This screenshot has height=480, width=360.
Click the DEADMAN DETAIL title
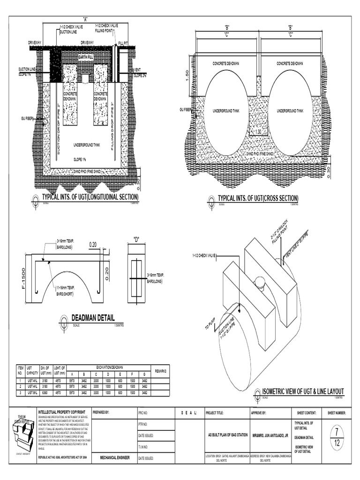click(93, 318)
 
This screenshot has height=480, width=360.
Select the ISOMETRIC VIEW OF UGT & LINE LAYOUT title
click(303, 391)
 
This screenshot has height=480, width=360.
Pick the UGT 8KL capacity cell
click(32, 392)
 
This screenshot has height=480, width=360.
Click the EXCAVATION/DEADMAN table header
click(110, 367)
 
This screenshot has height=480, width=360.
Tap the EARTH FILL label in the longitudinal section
click(85, 57)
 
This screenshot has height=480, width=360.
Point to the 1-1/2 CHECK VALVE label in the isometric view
click(203, 256)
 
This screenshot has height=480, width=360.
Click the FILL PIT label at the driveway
click(123, 42)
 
